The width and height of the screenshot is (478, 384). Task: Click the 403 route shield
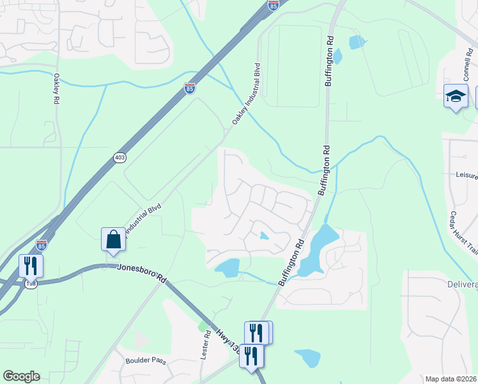point(119,157)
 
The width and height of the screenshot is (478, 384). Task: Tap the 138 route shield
point(30,283)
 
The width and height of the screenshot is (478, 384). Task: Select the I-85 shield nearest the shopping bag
point(42,245)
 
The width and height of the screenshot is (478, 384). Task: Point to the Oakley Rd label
point(56,88)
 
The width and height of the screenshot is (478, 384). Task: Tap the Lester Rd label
point(206,344)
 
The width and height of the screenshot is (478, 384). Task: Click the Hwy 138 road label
point(227,342)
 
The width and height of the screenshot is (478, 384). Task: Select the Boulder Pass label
point(146,360)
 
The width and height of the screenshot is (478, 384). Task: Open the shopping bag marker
point(113,239)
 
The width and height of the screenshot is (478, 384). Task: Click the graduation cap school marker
point(456,96)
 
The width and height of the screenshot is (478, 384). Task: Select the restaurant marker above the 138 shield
point(31,266)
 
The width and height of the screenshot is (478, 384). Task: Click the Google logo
point(21,376)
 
